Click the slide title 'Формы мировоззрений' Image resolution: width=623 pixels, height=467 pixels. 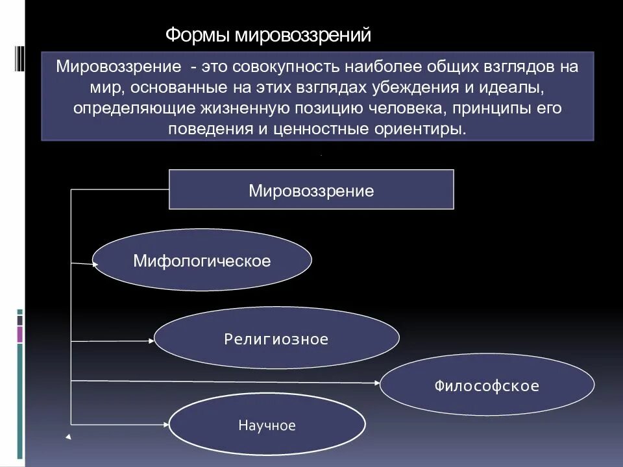point(268,34)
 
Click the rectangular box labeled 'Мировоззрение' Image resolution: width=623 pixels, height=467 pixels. point(311,190)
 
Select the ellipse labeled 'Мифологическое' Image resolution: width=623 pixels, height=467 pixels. point(202,261)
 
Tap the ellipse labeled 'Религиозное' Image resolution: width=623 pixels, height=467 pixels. point(276,339)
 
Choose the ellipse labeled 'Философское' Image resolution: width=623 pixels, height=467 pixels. point(487,386)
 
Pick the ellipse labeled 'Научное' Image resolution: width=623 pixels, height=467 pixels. point(267,425)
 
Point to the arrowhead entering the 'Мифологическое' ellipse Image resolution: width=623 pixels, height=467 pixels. point(95,263)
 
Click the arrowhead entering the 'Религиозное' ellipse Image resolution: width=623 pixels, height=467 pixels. point(154,340)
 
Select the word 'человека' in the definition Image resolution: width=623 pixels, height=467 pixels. point(420,108)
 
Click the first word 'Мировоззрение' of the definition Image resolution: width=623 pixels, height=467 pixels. point(117,67)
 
